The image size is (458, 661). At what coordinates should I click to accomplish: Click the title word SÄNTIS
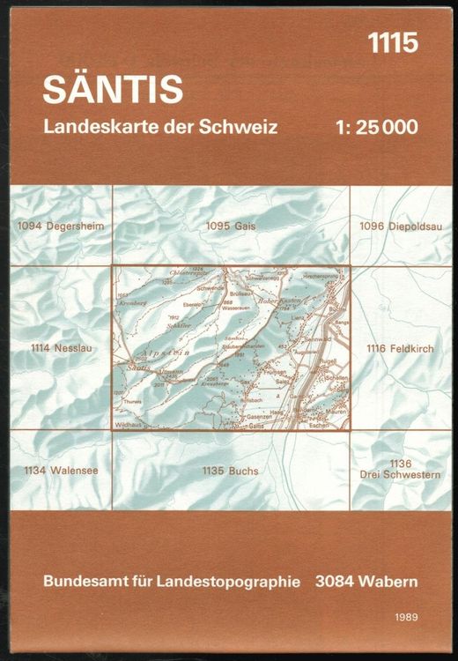click(x=113, y=88)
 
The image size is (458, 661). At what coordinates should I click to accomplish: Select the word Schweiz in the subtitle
click(x=242, y=127)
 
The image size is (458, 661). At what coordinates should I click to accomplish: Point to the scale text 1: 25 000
click(x=377, y=127)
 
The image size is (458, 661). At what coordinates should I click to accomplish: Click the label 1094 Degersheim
click(x=60, y=227)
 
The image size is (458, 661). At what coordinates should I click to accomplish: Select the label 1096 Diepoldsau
click(x=399, y=227)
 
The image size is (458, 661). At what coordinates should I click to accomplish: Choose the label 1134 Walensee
click(x=61, y=471)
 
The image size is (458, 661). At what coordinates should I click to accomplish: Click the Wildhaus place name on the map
click(x=129, y=425)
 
